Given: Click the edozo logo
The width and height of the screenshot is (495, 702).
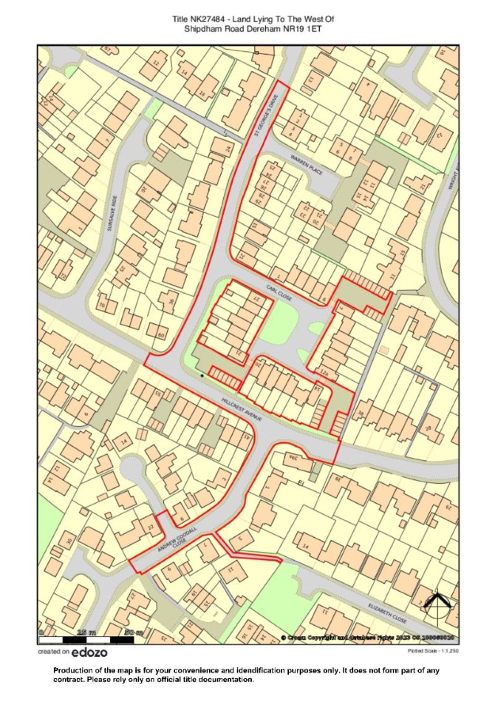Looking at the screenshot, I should pyautogui.click(x=89, y=652).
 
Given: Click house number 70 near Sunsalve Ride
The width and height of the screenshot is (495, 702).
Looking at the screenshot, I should pyautogui.click(x=101, y=304).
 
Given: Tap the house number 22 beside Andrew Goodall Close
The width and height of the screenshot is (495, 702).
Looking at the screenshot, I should pyautogui.click(x=151, y=527).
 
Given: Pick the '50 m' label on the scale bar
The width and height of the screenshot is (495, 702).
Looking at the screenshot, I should pyautogui.click(x=133, y=632).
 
